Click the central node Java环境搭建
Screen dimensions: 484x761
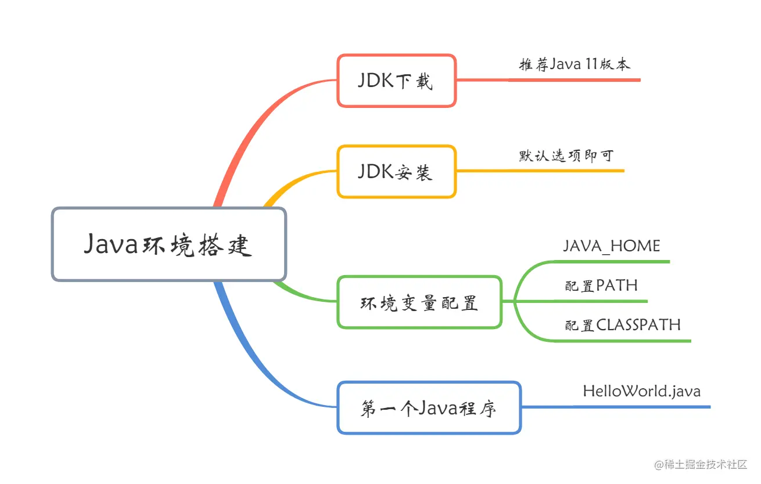[x=168, y=244]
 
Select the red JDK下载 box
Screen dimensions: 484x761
[x=396, y=81]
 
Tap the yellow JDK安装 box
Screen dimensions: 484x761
[x=396, y=172]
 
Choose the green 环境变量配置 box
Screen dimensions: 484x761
[x=419, y=302]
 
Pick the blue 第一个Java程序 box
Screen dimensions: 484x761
[x=429, y=408]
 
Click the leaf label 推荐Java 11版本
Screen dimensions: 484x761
[x=574, y=64]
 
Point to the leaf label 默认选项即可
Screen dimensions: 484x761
[x=566, y=156]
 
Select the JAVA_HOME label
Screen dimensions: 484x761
[x=611, y=246]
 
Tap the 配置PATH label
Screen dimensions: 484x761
[x=601, y=286]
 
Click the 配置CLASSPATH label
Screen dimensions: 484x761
[x=622, y=324]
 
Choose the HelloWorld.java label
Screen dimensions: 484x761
[x=641, y=391]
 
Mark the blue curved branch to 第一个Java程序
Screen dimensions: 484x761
[x=256, y=360]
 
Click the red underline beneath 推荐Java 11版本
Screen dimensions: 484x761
[x=575, y=80]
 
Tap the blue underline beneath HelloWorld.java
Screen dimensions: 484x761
[x=639, y=407]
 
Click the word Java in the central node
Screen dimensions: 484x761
[x=110, y=245]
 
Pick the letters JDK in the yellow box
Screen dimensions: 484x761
[x=374, y=172]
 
